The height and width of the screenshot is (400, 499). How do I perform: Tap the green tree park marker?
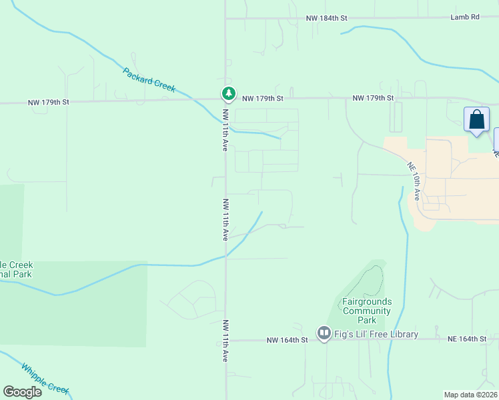point(228,94)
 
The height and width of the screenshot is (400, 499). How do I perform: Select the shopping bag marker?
point(476,120)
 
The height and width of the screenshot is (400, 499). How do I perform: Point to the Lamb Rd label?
point(465,17)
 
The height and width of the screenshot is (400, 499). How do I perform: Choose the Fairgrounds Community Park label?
point(366,311)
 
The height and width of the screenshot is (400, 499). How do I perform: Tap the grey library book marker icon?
point(324,332)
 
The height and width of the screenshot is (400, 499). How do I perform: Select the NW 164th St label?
point(287,340)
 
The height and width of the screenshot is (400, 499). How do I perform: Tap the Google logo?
point(23,392)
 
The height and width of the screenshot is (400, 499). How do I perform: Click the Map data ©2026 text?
point(470,395)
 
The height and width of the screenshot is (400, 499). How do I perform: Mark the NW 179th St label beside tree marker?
point(263,98)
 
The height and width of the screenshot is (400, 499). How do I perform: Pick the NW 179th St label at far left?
point(49,103)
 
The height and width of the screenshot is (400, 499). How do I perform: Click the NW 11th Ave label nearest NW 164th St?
point(225,340)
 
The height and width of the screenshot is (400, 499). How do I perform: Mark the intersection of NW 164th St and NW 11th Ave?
point(225,339)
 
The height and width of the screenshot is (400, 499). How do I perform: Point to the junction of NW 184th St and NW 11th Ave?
point(225,18)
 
